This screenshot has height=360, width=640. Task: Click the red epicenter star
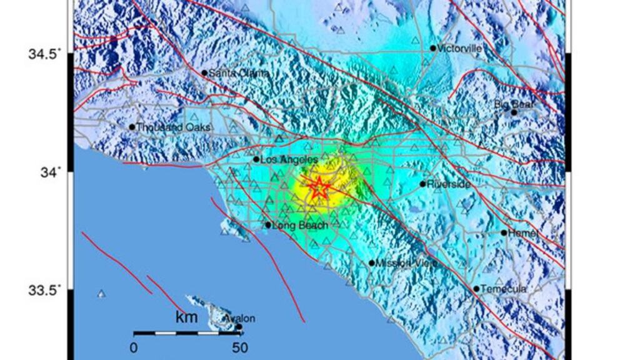[x=319, y=187]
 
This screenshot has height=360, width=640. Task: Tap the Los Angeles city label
[x=289, y=160]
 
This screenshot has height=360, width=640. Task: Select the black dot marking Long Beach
[x=268, y=225]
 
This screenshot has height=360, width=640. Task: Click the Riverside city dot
[x=423, y=184]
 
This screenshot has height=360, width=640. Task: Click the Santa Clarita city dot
[x=204, y=72]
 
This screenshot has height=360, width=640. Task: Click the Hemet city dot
[x=504, y=232]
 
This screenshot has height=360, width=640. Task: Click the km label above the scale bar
[x=186, y=317]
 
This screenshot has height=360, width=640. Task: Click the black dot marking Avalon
[x=239, y=326]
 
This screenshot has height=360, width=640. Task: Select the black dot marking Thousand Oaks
[x=132, y=127]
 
